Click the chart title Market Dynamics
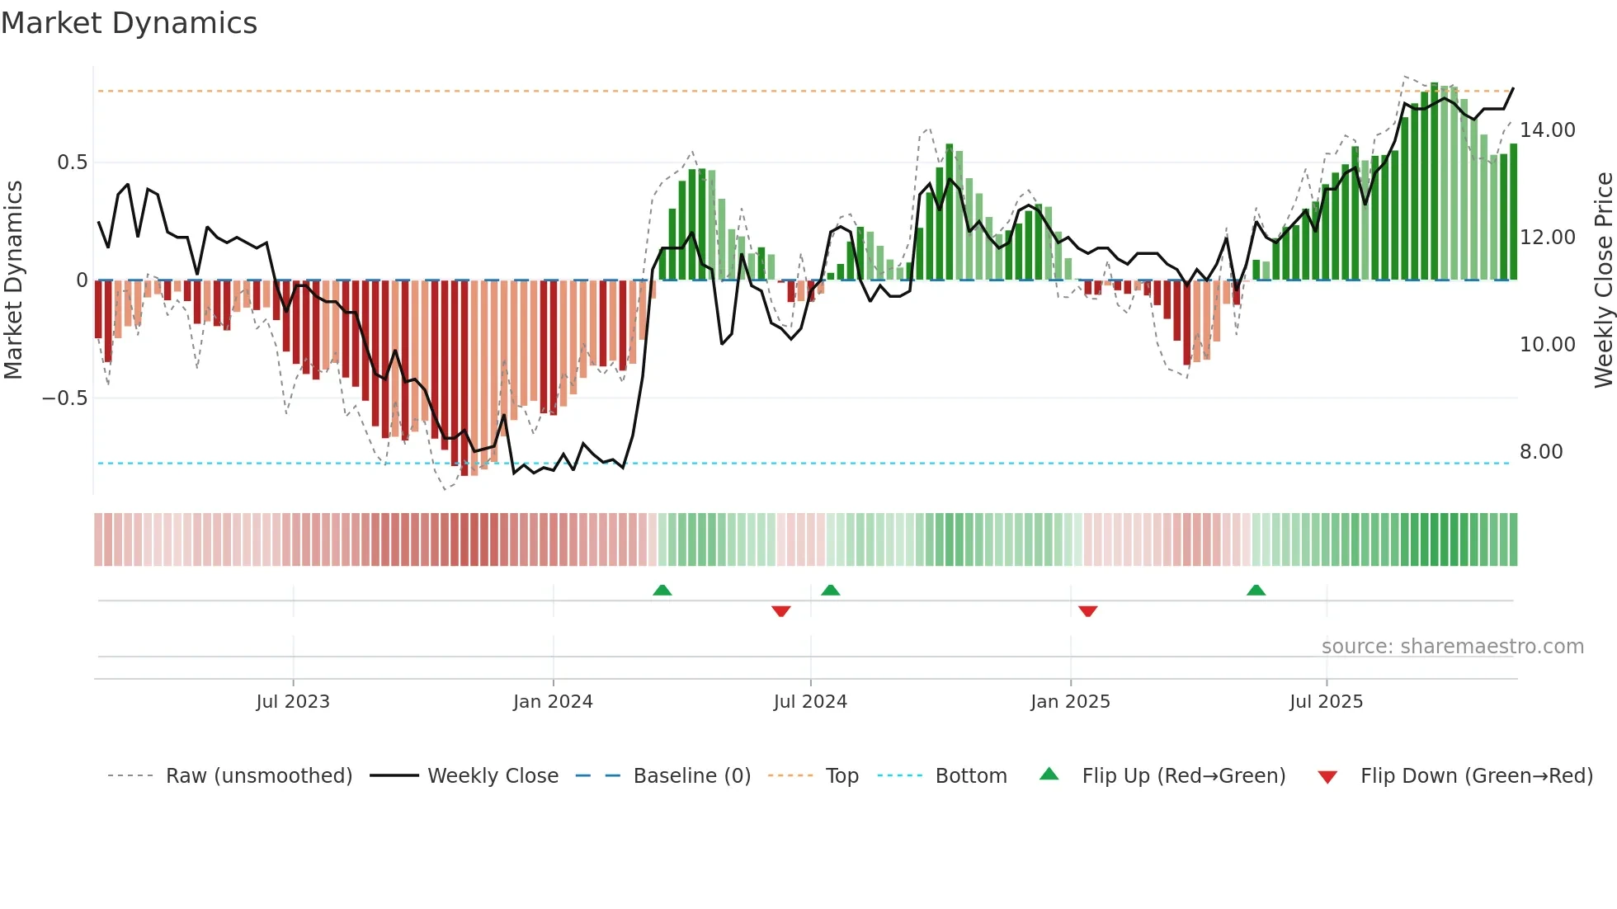[129, 23]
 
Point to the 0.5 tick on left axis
[72, 162]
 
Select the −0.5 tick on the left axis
[65, 398]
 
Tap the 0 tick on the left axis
[82, 280]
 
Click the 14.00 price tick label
[1547, 130]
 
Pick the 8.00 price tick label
[1540, 452]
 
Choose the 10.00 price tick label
[1547, 345]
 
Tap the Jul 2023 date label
[292, 702]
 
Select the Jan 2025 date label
[1069, 702]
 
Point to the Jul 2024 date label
[809, 702]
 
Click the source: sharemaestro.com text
[1452, 647]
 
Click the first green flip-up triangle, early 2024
[662, 591]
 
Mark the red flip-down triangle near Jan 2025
[1087, 611]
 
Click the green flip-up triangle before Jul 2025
[1256, 591]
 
